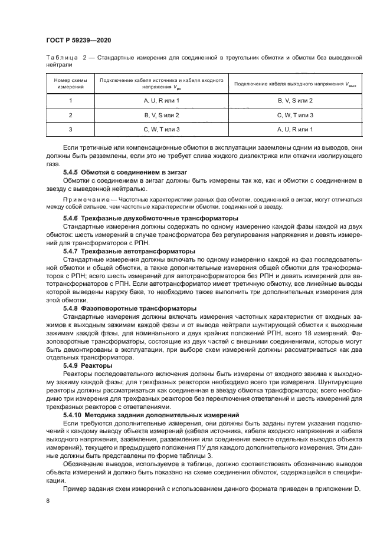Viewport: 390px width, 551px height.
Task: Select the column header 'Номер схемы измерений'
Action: click(70, 83)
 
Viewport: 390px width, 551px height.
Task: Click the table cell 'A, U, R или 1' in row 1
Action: click(161, 101)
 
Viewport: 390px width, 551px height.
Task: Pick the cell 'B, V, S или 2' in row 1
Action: click(294, 101)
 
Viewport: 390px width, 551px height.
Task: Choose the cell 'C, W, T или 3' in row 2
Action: click(294, 115)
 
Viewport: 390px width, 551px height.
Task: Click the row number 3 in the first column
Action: click(70, 129)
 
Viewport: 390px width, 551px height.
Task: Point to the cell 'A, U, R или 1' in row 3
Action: click(294, 129)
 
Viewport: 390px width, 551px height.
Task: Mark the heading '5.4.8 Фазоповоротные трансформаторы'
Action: click(121, 308)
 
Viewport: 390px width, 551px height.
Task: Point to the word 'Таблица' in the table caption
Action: click(61, 57)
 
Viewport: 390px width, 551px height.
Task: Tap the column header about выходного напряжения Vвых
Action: click(294, 84)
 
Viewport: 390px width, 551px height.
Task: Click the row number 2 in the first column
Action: click(70, 115)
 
